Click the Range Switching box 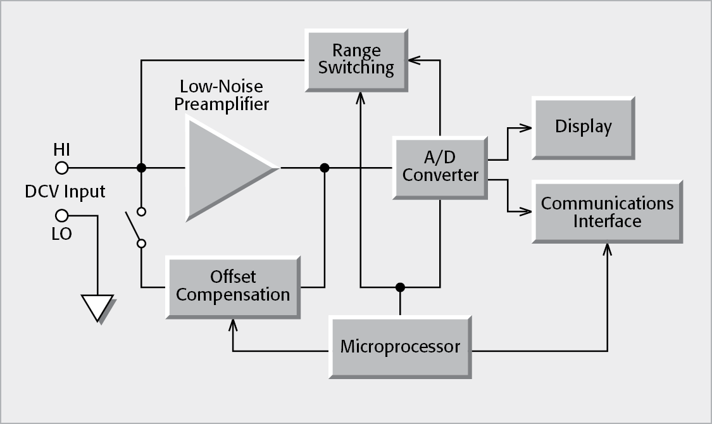coord(356,59)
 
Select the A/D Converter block coord(440,167)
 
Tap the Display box coord(583,127)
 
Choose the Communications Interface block coord(607,212)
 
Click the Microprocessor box coord(400,346)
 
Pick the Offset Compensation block coord(232,286)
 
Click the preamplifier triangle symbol coord(225,168)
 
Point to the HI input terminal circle coord(61,168)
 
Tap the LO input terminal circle coord(61,215)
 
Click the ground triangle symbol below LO coord(98,307)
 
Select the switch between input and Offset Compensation coord(135,227)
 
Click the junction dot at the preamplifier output coord(325,168)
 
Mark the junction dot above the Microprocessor coord(400,287)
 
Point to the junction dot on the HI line coord(142,168)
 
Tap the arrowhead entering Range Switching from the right coord(414,60)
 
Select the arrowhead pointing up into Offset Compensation coord(233,325)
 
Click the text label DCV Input coord(65,191)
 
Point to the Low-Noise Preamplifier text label coord(222,95)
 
